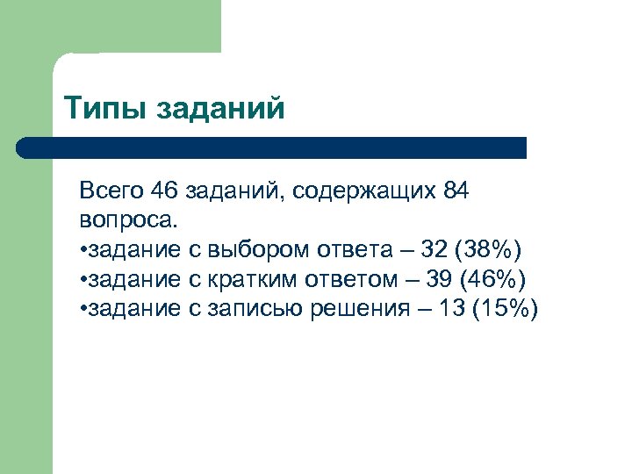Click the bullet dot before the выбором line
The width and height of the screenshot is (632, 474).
[82, 251]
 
